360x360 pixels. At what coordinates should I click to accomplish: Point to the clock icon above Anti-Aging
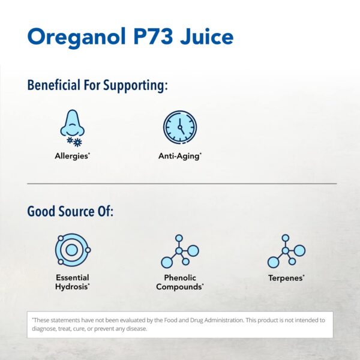tap(180, 127)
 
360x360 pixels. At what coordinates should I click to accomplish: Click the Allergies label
tap(73, 156)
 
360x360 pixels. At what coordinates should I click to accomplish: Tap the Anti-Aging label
tap(180, 156)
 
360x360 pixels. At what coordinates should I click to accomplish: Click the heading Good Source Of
tap(70, 212)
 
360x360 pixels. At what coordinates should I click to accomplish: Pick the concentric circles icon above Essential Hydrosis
tap(72, 250)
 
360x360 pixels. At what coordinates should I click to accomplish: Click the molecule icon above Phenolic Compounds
tap(179, 250)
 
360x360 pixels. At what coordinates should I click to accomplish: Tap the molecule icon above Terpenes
tap(286, 250)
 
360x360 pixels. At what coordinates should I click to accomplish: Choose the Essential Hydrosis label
tap(73, 282)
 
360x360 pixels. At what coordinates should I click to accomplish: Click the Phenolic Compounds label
tap(179, 282)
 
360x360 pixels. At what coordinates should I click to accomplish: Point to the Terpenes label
tap(286, 278)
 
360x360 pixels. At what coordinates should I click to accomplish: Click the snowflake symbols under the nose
tap(74, 142)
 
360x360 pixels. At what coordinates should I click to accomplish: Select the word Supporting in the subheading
tap(136, 85)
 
